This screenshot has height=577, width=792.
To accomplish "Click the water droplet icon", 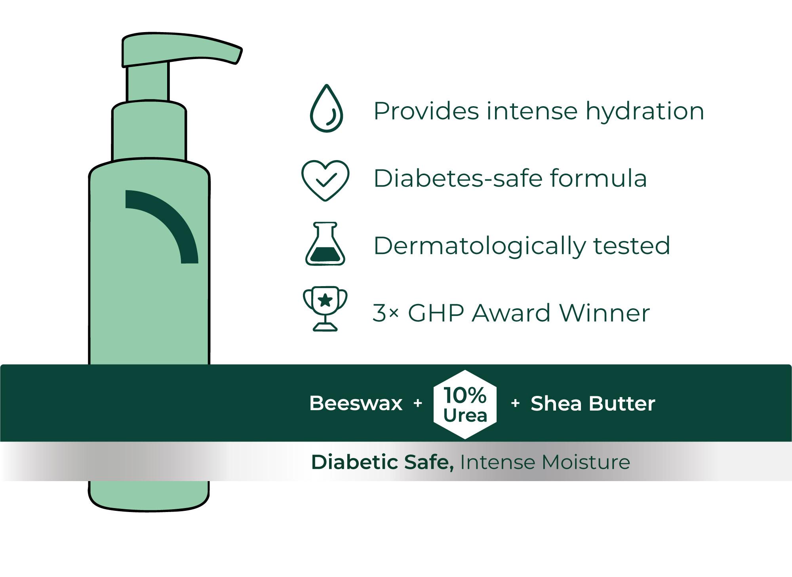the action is pyautogui.click(x=326, y=108).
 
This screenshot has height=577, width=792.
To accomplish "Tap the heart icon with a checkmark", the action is pyautogui.click(x=325, y=180).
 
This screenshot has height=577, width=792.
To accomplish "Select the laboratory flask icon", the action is pyautogui.click(x=325, y=243).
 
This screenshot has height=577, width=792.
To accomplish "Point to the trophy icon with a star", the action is pyautogui.click(x=325, y=309).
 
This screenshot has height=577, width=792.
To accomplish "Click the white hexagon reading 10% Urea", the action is pyautogui.click(x=465, y=405).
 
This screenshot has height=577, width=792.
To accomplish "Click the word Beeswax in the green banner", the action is pyautogui.click(x=356, y=403).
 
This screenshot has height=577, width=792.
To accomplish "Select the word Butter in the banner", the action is pyautogui.click(x=622, y=403).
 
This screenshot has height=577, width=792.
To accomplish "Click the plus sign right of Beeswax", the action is pyautogui.click(x=417, y=403).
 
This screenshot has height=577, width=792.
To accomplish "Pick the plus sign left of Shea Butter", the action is pyautogui.click(x=515, y=403).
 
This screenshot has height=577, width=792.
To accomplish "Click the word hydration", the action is pyautogui.click(x=645, y=111).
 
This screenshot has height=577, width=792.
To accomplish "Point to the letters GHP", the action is pyautogui.click(x=436, y=313).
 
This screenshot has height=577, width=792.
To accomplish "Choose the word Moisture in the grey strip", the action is pyautogui.click(x=586, y=462).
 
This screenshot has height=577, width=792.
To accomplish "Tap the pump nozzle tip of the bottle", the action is pyautogui.click(x=238, y=55).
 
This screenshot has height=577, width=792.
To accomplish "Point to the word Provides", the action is pyautogui.click(x=426, y=111).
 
